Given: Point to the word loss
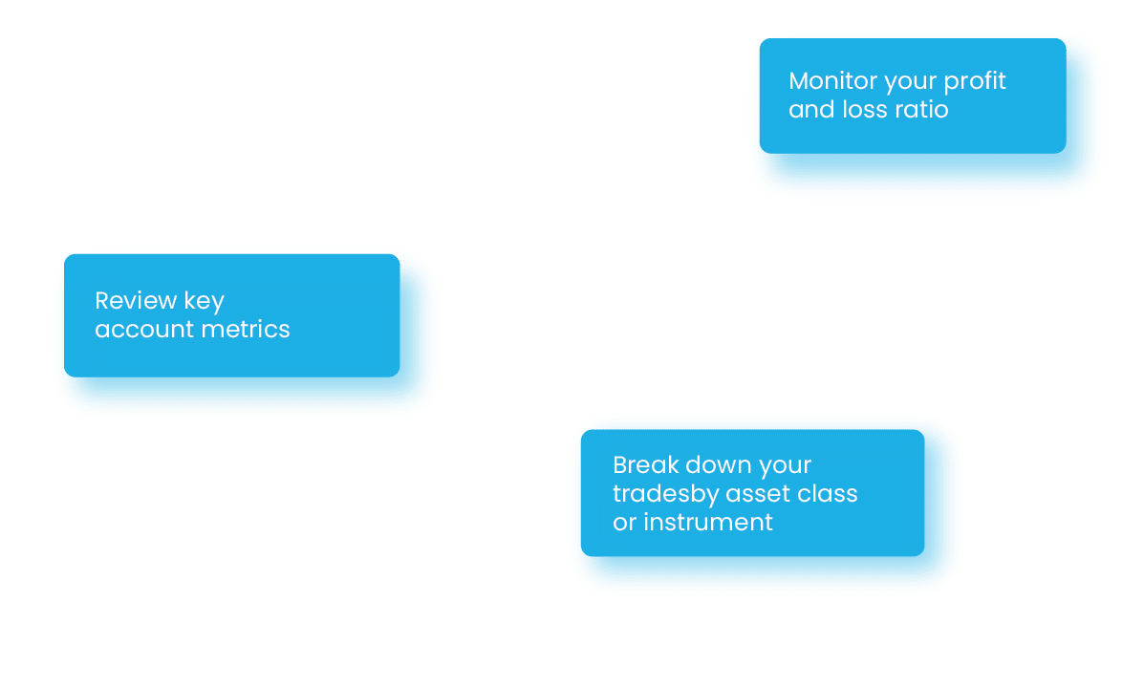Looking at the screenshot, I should click(865, 110).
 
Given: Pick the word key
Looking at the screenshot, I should click(205, 302).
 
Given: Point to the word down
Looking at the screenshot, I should click(719, 465).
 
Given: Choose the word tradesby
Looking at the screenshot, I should click(665, 494).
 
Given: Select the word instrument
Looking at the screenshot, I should click(707, 523).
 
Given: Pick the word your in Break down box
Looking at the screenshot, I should click(785, 466).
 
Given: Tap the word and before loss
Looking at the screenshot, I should click(811, 110).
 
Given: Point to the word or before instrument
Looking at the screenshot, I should click(624, 523).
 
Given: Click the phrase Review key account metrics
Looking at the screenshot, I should click(192, 315).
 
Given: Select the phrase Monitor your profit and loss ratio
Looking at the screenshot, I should click(897, 96).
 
